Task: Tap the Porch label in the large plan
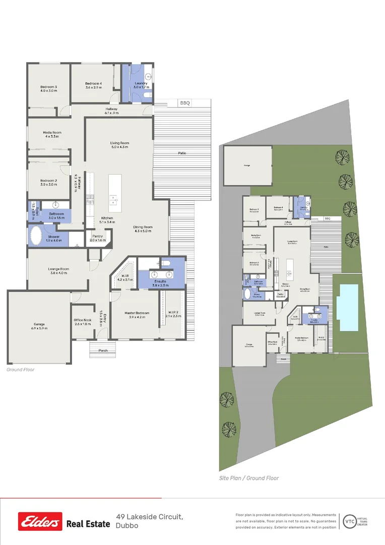(x=103, y=350)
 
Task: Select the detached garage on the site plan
(x=247, y=165)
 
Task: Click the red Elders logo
(x=40, y=521)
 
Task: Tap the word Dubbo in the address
(x=126, y=525)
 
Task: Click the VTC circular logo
(x=349, y=521)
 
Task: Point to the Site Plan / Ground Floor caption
(x=249, y=478)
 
